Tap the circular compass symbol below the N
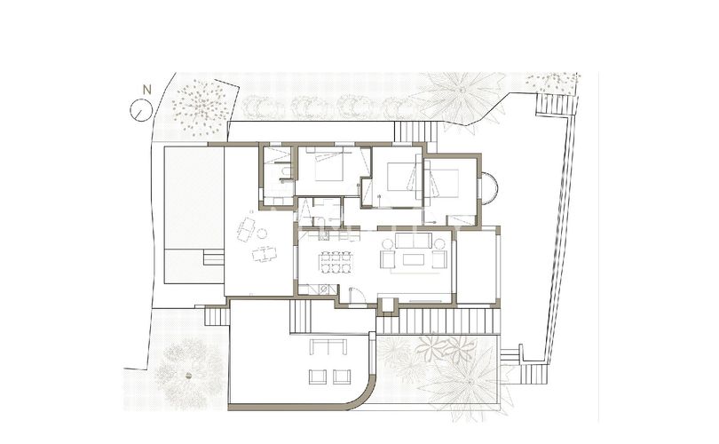click(139, 110)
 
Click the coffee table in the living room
click(414, 259)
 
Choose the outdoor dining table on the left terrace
click(264, 256)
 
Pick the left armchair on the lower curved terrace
click(316, 377)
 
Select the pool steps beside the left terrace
click(213, 258)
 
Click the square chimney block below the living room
click(387, 305)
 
